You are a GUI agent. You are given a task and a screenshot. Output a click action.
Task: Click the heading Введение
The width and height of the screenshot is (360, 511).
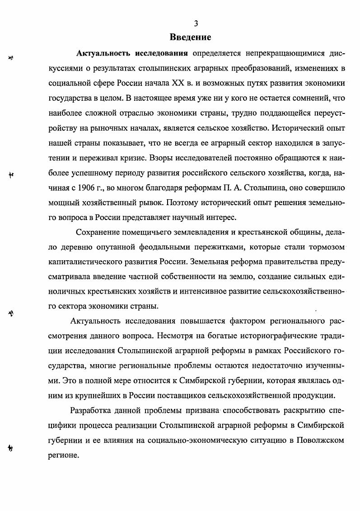[x=190, y=37]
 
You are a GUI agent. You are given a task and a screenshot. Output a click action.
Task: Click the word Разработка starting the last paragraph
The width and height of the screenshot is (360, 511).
[x=93, y=411]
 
